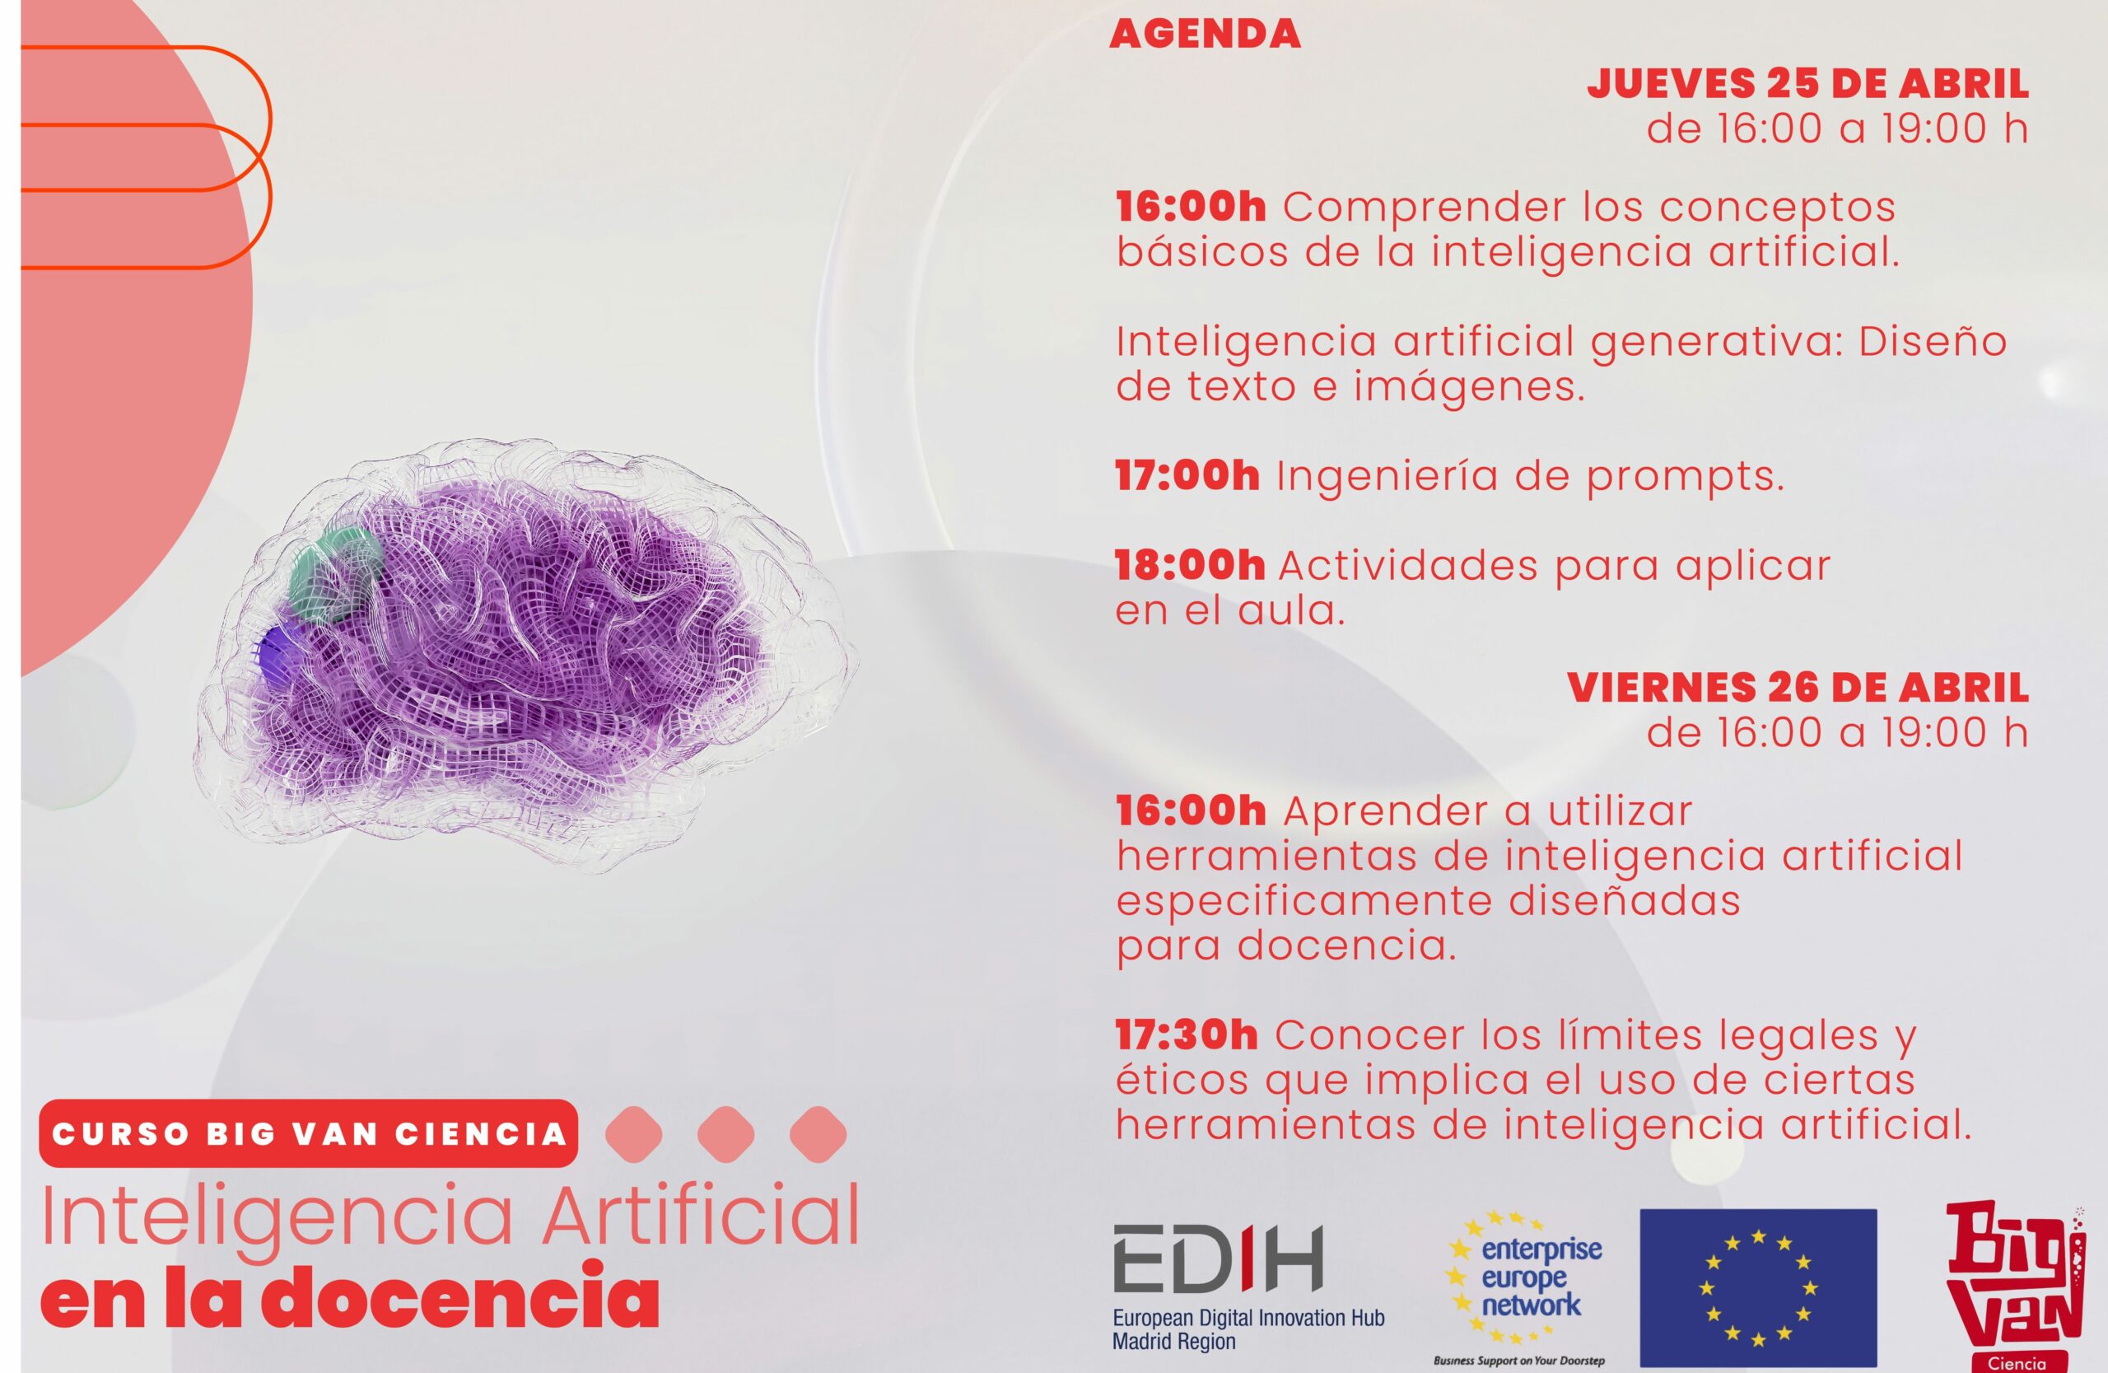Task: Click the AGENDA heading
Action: [1205, 35]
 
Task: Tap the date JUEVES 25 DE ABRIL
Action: [1807, 84]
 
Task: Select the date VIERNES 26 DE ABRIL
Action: [1798, 689]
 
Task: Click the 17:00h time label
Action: [1187, 477]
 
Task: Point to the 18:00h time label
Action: [1190, 566]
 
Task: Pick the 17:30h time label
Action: [1186, 1035]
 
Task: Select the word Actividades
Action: [1407, 566]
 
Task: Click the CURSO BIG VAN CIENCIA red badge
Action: [308, 1134]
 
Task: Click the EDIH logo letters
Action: [1218, 1258]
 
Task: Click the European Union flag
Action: [1758, 1287]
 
